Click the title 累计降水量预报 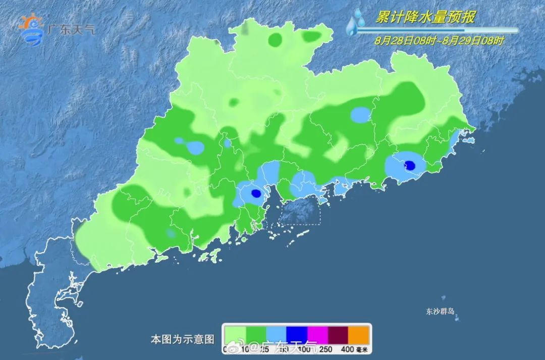(x=425, y=17)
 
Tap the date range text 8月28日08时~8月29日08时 (x=439, y=40)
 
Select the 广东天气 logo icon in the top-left (x=31, y=29)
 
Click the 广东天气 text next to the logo (x=71, y=29)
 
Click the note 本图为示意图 (x=183, y=338)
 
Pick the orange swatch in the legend (x=359, y=335)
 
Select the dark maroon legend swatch (x=338, y=335)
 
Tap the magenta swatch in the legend (x=317, y=335)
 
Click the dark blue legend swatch (x=297, y=335)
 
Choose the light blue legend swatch (x=276, y=335)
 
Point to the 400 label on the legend (x=348, y=349)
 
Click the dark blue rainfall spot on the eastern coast (x=410, y=165)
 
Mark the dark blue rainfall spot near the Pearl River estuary (x=256, y=193)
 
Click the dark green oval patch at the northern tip (x=276, y=39)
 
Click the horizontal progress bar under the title (x=437, y=30)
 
